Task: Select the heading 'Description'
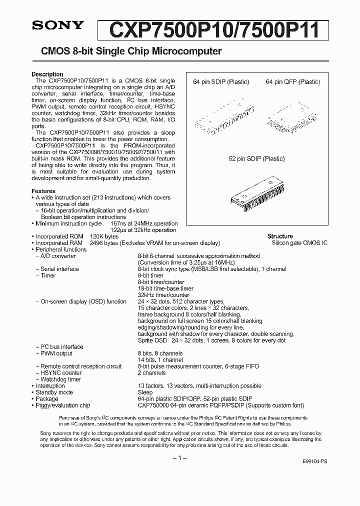[x=47, y=74]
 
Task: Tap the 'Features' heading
[x=43, y=191]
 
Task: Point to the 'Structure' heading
[x=280, y=236]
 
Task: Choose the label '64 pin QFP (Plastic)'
[x=293, y=82]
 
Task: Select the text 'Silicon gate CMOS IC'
[x=299, y=243]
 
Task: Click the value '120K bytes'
[x=104, y=236]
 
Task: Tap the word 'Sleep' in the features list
[x=145, y=392]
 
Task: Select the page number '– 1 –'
[x=179, y=458]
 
